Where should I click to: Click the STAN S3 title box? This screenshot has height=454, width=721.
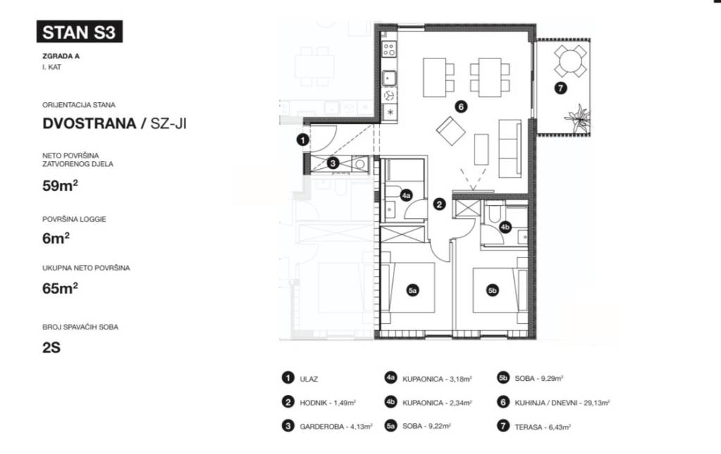click(x=79, y=32)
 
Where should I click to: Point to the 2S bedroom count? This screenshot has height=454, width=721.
click(x=51, y=347)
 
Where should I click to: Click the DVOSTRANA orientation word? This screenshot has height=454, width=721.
click(x=87, y=124)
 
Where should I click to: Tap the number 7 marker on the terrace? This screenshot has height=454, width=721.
click(x=560, y=89)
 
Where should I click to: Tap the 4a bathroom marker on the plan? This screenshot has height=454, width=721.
click(x=406, y=196)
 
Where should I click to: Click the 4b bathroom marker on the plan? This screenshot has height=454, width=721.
click(x=506, y=227)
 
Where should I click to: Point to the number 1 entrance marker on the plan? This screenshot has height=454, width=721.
click(x=303, y=140)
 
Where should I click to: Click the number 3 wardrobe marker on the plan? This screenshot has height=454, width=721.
click(x=334, y=163)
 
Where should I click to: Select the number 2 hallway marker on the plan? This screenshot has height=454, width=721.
click(x=439, y=205)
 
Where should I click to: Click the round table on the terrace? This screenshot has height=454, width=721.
click(x=570, y=61)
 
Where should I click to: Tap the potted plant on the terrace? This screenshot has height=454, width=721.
click(x=577, y=118)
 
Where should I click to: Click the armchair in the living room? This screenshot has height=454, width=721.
click(x=451, y=130)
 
